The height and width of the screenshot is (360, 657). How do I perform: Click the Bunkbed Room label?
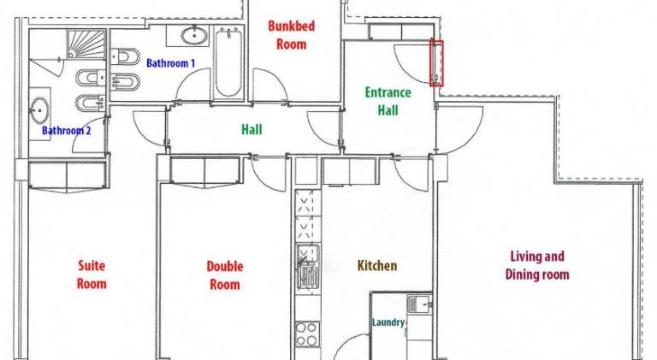[291, 35]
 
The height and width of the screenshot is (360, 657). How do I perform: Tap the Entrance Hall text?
[388, 101]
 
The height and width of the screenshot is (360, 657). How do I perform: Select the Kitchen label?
[377, 265]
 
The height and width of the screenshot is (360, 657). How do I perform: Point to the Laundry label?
[388, 322]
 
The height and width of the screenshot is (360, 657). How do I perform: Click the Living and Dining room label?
[537, 265]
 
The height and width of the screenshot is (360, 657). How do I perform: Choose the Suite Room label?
[92, 274]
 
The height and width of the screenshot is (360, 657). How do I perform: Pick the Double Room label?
[225, 275]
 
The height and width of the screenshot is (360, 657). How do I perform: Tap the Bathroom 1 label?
[170, 63]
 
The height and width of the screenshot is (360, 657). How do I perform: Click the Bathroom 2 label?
[66, 131]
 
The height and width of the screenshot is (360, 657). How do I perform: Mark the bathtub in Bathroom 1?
[228, 62]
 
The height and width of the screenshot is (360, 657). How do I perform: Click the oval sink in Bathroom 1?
[194, 35]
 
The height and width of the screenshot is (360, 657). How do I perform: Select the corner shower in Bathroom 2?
[86, 44]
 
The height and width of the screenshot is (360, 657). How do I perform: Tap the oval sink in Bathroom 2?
[39, 110]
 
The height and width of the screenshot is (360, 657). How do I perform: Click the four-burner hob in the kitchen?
[307, 334]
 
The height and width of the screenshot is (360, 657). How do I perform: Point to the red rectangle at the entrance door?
[436, 63]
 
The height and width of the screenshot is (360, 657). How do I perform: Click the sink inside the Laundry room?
[419, 304]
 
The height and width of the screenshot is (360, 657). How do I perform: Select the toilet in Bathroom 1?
[125, 56]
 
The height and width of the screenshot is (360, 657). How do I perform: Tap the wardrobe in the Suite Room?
[67, 175]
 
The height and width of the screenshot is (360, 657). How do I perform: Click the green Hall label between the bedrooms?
[252, 129]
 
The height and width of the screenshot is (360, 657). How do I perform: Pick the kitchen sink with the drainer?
[308, 267]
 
